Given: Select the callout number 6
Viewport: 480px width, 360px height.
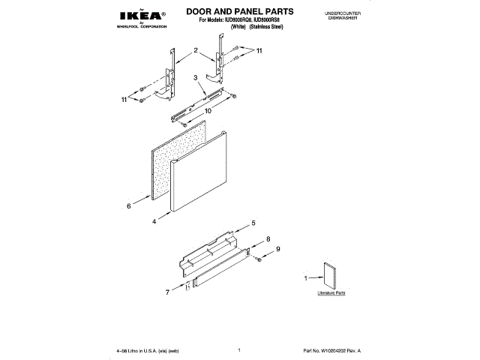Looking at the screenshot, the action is point(129,205).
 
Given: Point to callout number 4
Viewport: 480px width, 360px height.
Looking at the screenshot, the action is point(154,222).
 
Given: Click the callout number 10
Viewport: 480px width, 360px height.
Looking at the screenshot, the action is point(208,110).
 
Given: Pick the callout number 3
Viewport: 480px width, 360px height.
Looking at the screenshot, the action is point(195,78).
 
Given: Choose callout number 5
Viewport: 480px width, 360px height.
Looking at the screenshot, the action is point(253,223).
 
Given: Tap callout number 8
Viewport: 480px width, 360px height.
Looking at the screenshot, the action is point(268,239).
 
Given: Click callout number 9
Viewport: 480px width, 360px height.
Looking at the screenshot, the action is point(277,249).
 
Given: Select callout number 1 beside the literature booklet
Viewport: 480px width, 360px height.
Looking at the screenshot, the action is point(305,278).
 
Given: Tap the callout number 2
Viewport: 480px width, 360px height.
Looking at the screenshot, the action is point(196,50).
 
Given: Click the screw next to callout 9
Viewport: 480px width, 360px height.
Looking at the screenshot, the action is point(256,258).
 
